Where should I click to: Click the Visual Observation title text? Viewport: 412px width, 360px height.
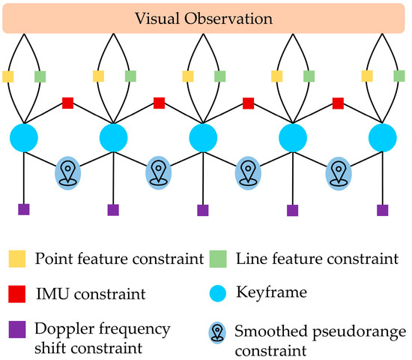point(205,16)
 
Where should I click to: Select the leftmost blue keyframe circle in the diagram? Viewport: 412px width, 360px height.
point(24,138)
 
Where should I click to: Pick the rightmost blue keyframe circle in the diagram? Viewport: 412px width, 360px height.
point(383,138)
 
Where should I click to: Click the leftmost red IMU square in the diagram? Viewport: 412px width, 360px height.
point(68,102)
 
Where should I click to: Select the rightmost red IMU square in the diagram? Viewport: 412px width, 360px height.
point(338,102)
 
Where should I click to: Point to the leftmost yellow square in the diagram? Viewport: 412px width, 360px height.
point(8,76)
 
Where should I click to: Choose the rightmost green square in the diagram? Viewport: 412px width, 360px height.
point(399,76)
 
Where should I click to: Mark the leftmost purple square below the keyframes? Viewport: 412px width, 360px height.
point(24,210)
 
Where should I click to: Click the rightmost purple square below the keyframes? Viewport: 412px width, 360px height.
point(383,210)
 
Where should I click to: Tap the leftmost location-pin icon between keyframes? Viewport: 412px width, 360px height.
point(68,172)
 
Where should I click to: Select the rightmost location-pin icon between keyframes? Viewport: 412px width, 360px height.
point(338,172)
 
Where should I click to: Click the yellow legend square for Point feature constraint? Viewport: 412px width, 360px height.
point(18,259)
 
